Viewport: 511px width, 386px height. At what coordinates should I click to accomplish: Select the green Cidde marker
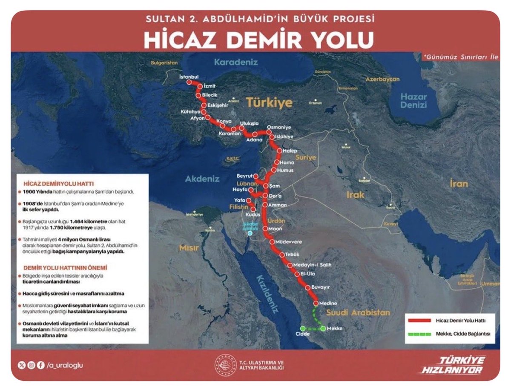(302, 329)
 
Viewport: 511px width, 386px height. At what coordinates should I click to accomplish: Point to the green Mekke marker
(323, 329)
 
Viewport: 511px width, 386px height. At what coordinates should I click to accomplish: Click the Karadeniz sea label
(235, 62)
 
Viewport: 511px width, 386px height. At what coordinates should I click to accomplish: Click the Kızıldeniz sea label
(267, 293)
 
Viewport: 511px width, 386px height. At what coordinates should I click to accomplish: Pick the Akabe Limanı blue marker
(250, 233)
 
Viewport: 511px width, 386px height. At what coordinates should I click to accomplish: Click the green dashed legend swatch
(420, 335)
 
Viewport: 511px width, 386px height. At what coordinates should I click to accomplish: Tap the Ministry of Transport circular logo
(224, 365)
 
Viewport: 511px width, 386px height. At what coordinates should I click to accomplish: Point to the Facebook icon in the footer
(41, 365)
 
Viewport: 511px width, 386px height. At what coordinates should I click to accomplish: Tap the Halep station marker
(280, 151)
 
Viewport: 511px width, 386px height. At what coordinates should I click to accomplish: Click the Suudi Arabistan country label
(358, 313)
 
